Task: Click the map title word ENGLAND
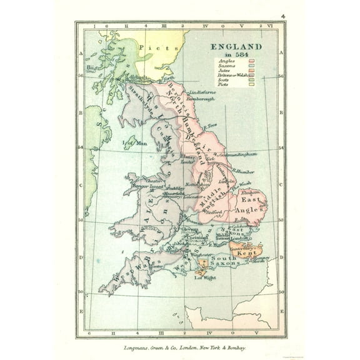[x=237, y=46]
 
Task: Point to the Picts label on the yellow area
[x=150, y=47]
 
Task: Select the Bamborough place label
[x=201, y=98]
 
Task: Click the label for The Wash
[x=245, y=183]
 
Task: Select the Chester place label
[x=154, y=181]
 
